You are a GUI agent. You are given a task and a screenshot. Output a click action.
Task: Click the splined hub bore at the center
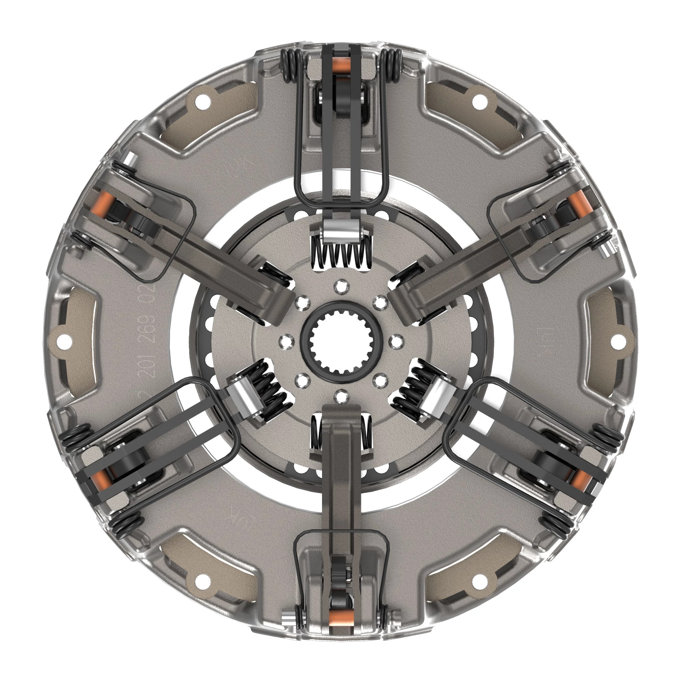point(341,342)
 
